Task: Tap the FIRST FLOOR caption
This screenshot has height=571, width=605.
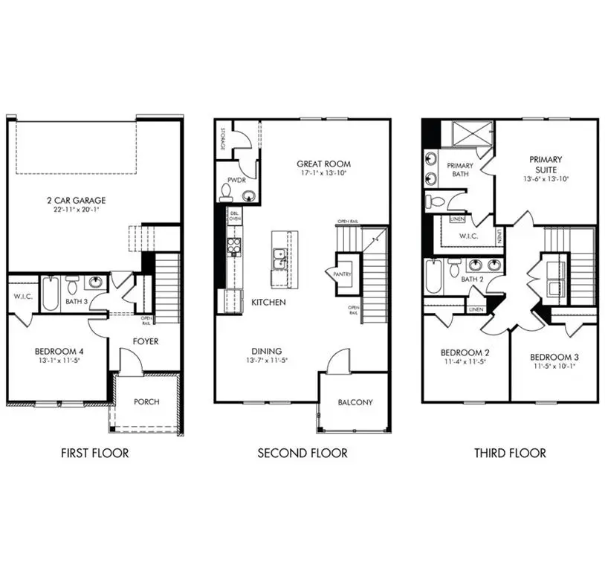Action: pyautogui.click(x=94, y=452)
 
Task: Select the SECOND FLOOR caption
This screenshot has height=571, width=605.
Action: pyautogui.click(x=302, y=452)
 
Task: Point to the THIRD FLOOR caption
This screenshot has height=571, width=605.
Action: pyautogui.click(x=510, y=452)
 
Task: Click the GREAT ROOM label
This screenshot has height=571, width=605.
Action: pyautogui.click(x=323, y=164)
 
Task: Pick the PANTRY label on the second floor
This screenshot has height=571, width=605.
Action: pyautogui.click(x=343, y=274)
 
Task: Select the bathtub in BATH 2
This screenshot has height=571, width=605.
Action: pyautogui.click(x=434, y=277)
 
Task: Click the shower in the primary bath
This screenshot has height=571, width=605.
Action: pyautogui.click(x=473, y=134)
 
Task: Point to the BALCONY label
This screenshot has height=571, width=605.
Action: pyautogui.click(x=355, y=402)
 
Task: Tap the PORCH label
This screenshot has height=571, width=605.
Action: pyautogui.click(x=146, y=401)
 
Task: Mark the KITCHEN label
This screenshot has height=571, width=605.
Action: pyautogui.click(x=268, y=303)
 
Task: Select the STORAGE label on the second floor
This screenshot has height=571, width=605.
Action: pyautogui.click(x=222, y=138)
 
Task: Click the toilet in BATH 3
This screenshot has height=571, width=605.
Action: pyautogui.click(x=73, y=286)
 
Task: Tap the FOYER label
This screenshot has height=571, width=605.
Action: pyautogui.click(x=146, y=343)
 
